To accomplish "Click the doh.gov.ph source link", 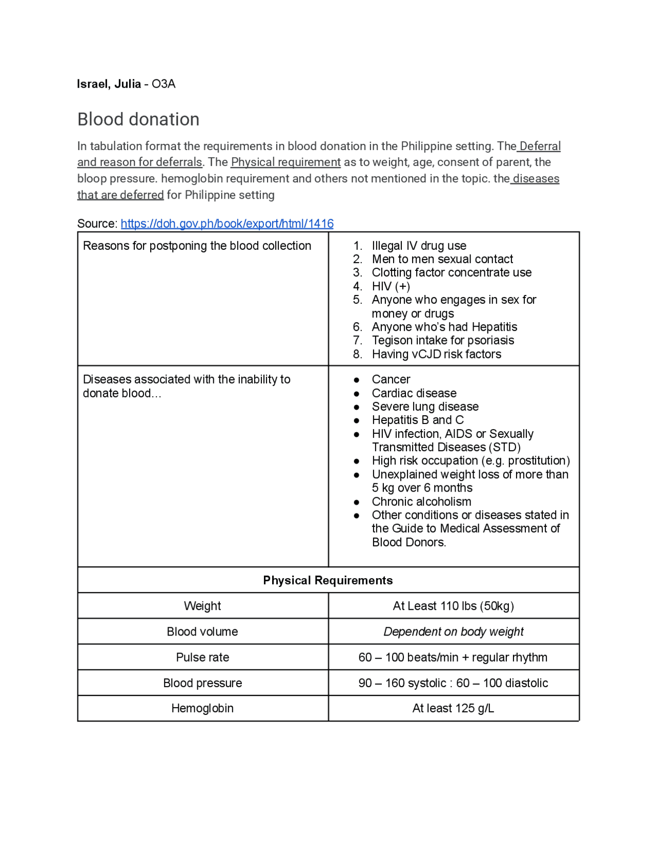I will pos(227,224).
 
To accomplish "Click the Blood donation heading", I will pos(138,119).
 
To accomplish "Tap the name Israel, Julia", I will pos(109,84).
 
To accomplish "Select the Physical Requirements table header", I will pos(328,580).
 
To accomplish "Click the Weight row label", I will pos(202,606).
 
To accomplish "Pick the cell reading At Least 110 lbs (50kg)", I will pos(454,606).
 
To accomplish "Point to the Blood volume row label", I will pos(202,631).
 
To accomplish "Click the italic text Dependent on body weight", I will pos(454,631).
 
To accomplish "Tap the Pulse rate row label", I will pos(202,657).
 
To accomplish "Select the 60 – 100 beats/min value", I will pos(453,657).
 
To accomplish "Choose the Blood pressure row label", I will pos(202,683).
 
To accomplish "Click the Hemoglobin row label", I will pos(202,708).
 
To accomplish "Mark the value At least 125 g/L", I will pos(453,708).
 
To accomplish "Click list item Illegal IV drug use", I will pos(419,246).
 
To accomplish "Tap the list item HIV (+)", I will pos(391,286).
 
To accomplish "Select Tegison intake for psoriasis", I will pos(443,341).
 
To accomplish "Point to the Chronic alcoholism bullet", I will pos(421,502).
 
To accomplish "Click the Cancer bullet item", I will pos(391,379).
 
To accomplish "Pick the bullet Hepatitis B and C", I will pos(418,420).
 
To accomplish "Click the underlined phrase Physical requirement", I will pos(285,162).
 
